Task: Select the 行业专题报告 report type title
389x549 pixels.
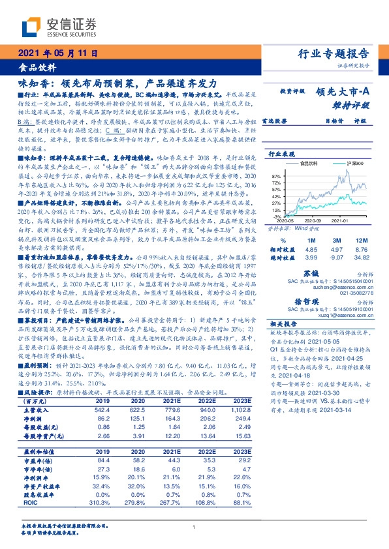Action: pos(334,54)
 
